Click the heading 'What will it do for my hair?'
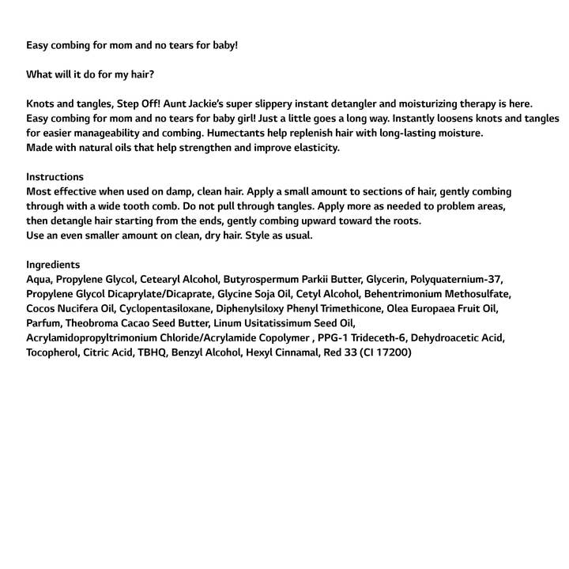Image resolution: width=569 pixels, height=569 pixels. (x=90, y=74)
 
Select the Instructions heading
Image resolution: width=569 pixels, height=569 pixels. (x=55, y=177)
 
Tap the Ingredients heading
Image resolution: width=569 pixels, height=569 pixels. (x=53, y=265)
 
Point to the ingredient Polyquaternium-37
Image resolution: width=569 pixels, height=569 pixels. (x=456, y=279)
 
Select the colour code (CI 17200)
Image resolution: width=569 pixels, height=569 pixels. (x=385, y=352)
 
